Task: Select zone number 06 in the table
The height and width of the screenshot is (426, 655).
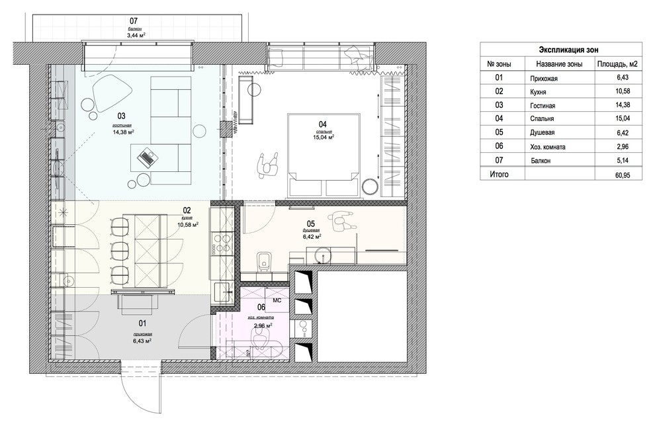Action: [500, 147]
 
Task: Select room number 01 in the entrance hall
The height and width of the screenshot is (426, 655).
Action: [142, 323]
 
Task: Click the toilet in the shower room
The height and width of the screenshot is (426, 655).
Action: [263, 261]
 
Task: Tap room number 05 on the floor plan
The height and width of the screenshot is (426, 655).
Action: [311, 224]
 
